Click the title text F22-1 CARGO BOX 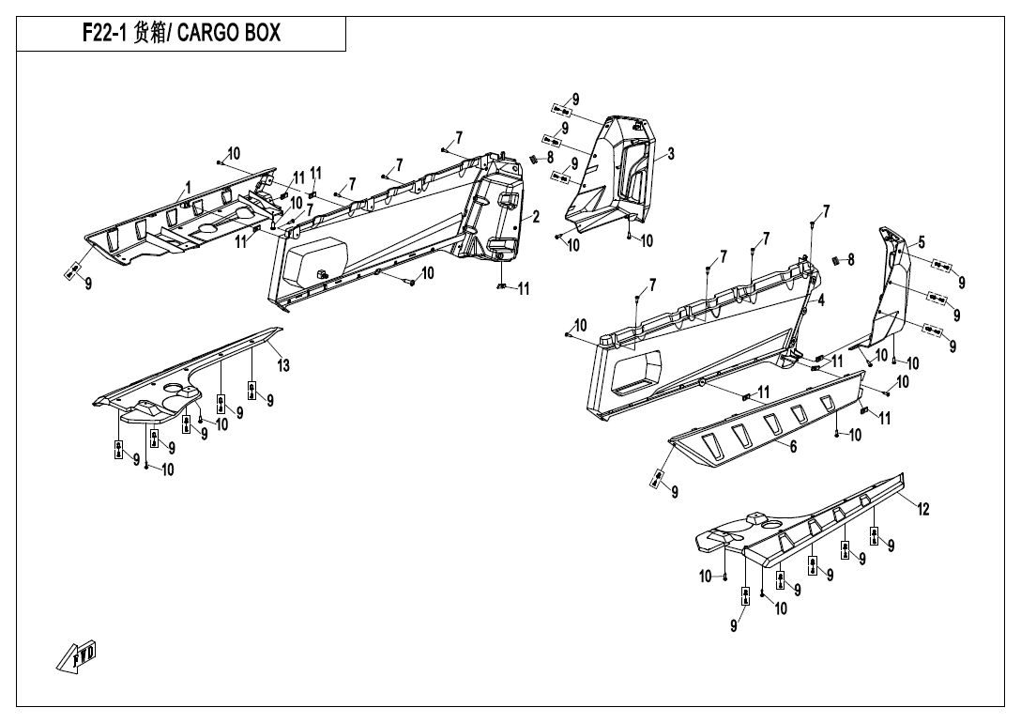[x=182, y=36]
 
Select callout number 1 [x=188, y=187]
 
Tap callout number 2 [x=536, y=217]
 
